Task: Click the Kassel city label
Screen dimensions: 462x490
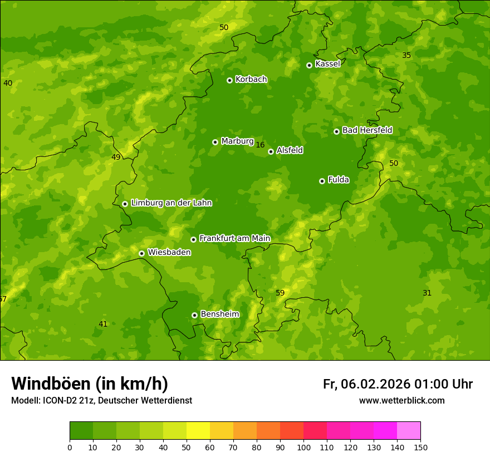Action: (x=327, y=64)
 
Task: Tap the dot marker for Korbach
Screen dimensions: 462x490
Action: (x=229, y=80)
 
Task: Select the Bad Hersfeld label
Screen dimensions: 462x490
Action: (x=367, y=130)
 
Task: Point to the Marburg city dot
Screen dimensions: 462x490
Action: (x=215, y=142)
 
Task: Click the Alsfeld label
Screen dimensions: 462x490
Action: (x=290, y=150)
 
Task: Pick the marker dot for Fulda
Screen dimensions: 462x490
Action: (x=322, y=181)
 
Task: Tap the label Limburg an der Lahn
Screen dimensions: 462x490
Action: (x=171, y=203)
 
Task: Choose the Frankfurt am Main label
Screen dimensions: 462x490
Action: (x=234, y=238)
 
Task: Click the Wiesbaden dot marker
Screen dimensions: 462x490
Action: (x=141, y=253)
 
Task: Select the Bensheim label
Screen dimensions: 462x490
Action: (x=219, y=314)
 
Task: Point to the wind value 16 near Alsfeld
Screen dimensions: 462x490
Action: (x=260, y=145)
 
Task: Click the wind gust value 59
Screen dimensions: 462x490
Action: (x=280, y=293)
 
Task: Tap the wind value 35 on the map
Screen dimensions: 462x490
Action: (x=406, y=55)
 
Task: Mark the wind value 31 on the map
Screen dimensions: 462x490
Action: (x=427, y=293)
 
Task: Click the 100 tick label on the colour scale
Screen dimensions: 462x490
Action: (x=303, y=448)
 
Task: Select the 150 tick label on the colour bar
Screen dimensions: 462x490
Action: (x=420, y=448)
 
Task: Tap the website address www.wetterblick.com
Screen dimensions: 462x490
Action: (x=401, y=400)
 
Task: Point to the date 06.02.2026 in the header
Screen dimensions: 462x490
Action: (x=375, y=384)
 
